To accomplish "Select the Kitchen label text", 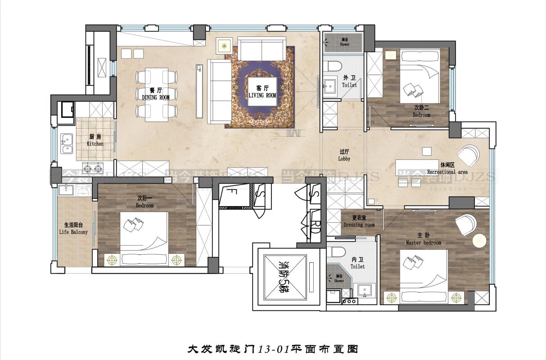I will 95,140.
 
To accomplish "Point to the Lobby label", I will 344,156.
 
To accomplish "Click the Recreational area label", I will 447,169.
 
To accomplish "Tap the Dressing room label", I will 359,221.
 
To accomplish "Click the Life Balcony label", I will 73,229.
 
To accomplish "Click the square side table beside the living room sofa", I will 224,45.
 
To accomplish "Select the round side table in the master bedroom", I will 479,240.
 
